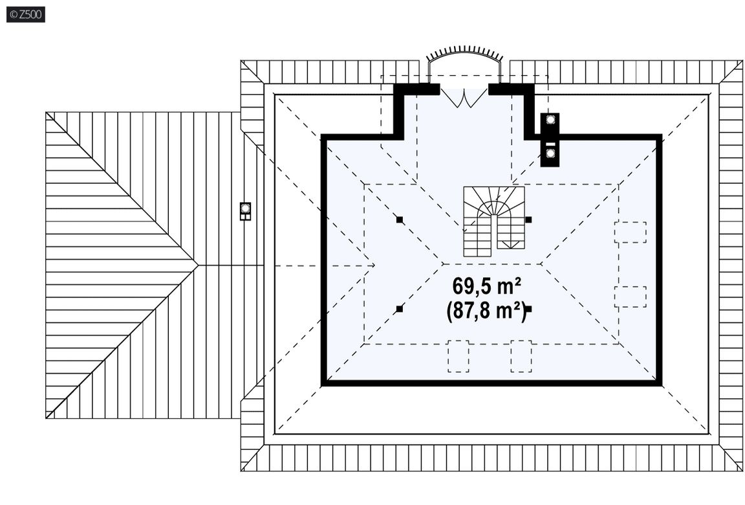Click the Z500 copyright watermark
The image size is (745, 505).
point(26,14)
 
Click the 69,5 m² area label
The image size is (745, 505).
point(486,286)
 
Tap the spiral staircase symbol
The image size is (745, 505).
point(494,221)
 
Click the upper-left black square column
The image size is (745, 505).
point(400,219)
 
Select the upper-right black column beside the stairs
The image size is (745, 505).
point(528,219)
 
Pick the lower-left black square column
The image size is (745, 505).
point(400,309)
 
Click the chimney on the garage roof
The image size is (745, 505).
point(245,211)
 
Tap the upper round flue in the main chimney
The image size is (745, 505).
point(550,120)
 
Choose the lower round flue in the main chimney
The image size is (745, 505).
point(550,153)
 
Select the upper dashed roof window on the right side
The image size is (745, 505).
point(630,232)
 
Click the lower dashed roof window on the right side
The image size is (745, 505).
point(630,297)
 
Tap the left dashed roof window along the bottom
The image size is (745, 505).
point(458,356)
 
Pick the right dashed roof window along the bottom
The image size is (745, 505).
point(521,356)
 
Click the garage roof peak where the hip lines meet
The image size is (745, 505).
point(199,265)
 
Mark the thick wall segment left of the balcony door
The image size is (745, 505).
point(416,89)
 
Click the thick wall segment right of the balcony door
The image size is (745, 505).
point(512,89)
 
